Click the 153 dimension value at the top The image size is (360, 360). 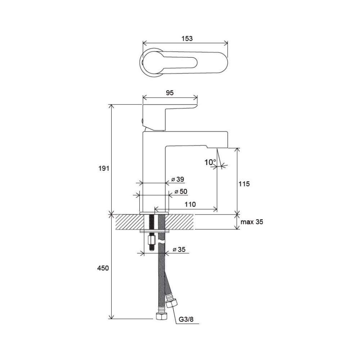click(x=187, y=39)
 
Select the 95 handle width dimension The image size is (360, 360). click(x=170, y=93)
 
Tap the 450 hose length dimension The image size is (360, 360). click(x=103, y=268)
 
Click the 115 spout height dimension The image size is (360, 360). click(x=244, y=184)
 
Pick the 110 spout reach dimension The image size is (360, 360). click(x=190, y=204)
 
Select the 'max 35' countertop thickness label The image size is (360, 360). click(x=252, y=222)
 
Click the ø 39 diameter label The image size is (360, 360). click(x=178, y=179)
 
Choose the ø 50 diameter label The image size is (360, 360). click(x=181, y=191)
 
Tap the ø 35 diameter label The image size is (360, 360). click(x=179, y=249)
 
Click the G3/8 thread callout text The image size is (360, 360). click(x=186, y=319)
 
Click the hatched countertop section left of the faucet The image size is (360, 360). click(x=127, y=222)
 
